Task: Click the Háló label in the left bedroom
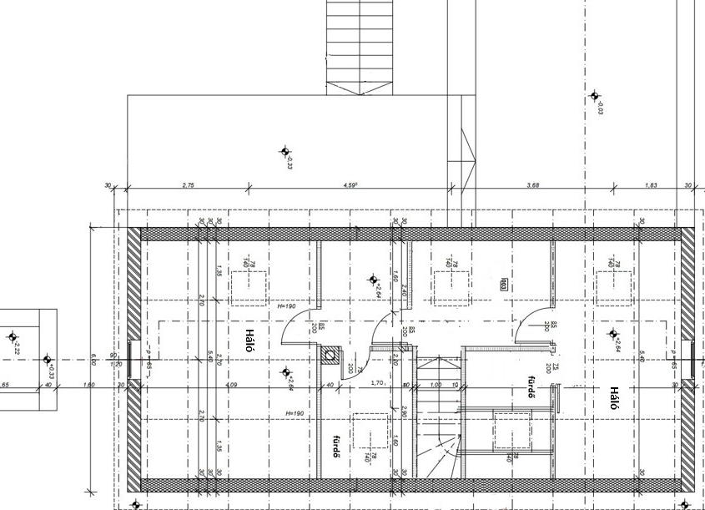coord(248,341)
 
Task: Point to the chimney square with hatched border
coord(331,356)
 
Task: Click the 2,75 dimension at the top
coord(189,184)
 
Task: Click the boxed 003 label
coord(504,284)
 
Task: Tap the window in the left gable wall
coord(133,361)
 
